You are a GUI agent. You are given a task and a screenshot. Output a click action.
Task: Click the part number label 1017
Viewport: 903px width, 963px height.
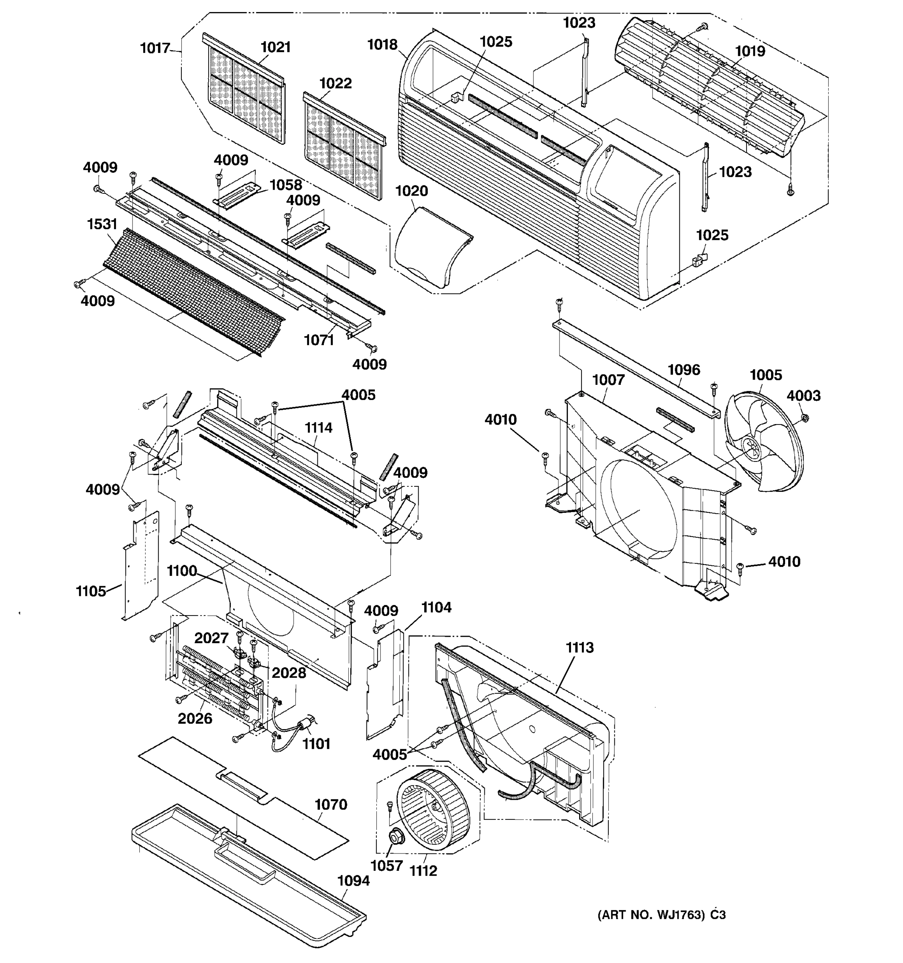tap(155, 48)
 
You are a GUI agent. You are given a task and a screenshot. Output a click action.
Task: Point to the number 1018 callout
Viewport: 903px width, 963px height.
tap(382, 45)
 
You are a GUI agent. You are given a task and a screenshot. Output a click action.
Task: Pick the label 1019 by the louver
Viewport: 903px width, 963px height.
tap(750, 51)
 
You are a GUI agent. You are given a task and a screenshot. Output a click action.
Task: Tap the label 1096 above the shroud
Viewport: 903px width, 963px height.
tap(684, 370)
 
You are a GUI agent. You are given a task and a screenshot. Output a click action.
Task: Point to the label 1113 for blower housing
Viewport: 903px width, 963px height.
tap(580, 647)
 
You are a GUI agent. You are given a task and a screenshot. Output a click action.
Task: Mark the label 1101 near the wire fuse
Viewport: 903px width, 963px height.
tap(316, 744)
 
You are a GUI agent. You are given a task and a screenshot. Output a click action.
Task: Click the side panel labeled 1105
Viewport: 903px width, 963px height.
tap(140, 567)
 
